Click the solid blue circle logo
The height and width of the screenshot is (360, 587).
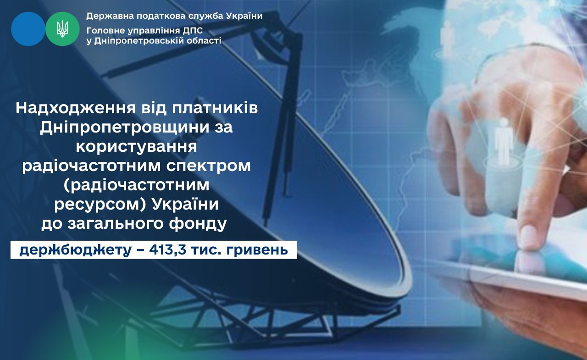tap(28, 29)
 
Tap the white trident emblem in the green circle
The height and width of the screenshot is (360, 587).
tap(62, 29)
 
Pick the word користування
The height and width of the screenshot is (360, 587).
tap(137, 147)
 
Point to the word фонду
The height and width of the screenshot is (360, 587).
tap(198, 223)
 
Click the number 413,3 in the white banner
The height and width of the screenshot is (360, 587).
tap(168, 250)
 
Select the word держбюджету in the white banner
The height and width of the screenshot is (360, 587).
tap(76, 250)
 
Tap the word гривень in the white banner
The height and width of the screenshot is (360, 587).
tap(257, 250)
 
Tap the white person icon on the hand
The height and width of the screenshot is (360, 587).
tap(503, 142)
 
